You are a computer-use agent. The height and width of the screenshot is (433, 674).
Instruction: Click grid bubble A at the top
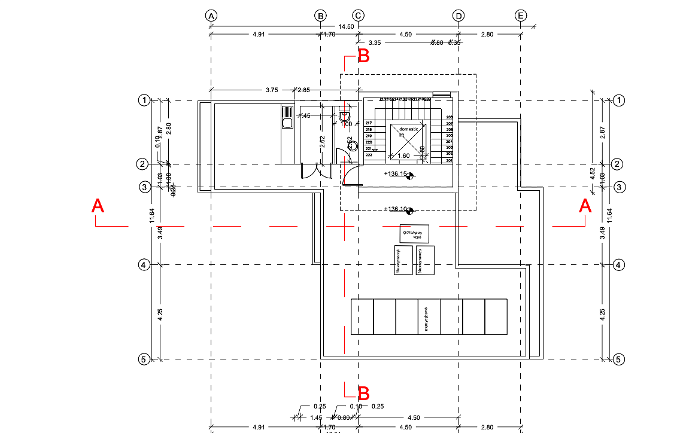pos(211,16)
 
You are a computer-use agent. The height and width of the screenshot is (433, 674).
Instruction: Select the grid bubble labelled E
pos(521,16)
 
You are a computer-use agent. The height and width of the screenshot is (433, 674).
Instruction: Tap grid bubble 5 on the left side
pos(144,359)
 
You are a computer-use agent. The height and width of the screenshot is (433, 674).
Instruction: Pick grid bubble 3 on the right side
pos(620,187)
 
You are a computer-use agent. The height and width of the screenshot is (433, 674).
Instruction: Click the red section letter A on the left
pos(98,206)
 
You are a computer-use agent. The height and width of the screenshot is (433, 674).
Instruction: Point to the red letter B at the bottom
pos(363,394)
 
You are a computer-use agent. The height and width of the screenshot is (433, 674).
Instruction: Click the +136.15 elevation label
pos(397,174)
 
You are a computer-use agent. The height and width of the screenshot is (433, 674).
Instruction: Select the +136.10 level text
pos(397,209)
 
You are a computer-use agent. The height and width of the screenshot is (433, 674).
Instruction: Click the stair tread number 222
pos(369,155)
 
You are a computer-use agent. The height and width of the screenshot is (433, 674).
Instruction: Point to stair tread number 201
pos(450,160)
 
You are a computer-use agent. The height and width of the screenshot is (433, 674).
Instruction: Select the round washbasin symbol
pos(353,144)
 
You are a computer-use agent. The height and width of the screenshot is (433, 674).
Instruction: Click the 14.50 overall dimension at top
pos(346,27)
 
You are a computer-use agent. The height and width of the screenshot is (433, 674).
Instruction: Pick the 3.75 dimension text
pos(272,90)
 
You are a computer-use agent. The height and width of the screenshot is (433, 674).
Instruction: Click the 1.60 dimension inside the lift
pos(404,155)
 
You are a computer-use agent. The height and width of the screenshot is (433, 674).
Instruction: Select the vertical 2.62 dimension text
pos(323,142)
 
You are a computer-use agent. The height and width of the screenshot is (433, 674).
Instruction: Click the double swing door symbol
pos(317,171)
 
